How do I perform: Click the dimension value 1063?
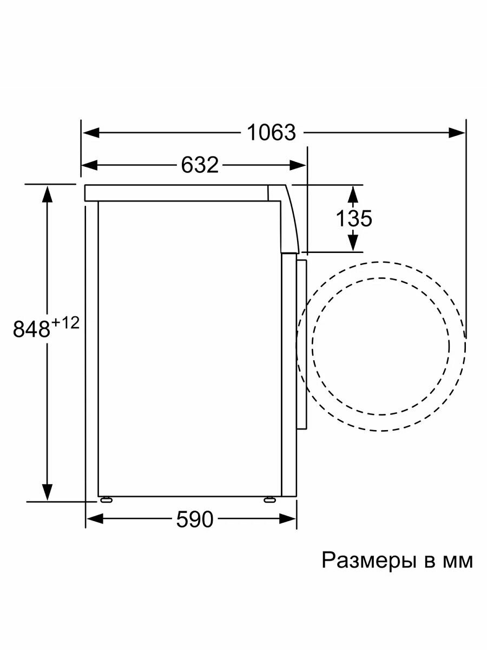point(272,132)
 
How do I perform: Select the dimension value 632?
point(200,165)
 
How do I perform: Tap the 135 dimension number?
point(354,218)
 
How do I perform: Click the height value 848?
point(31,329)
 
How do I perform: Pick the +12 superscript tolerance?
point(65,323)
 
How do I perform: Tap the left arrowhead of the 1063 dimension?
point(90,133)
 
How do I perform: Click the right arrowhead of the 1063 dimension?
point(457,133)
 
